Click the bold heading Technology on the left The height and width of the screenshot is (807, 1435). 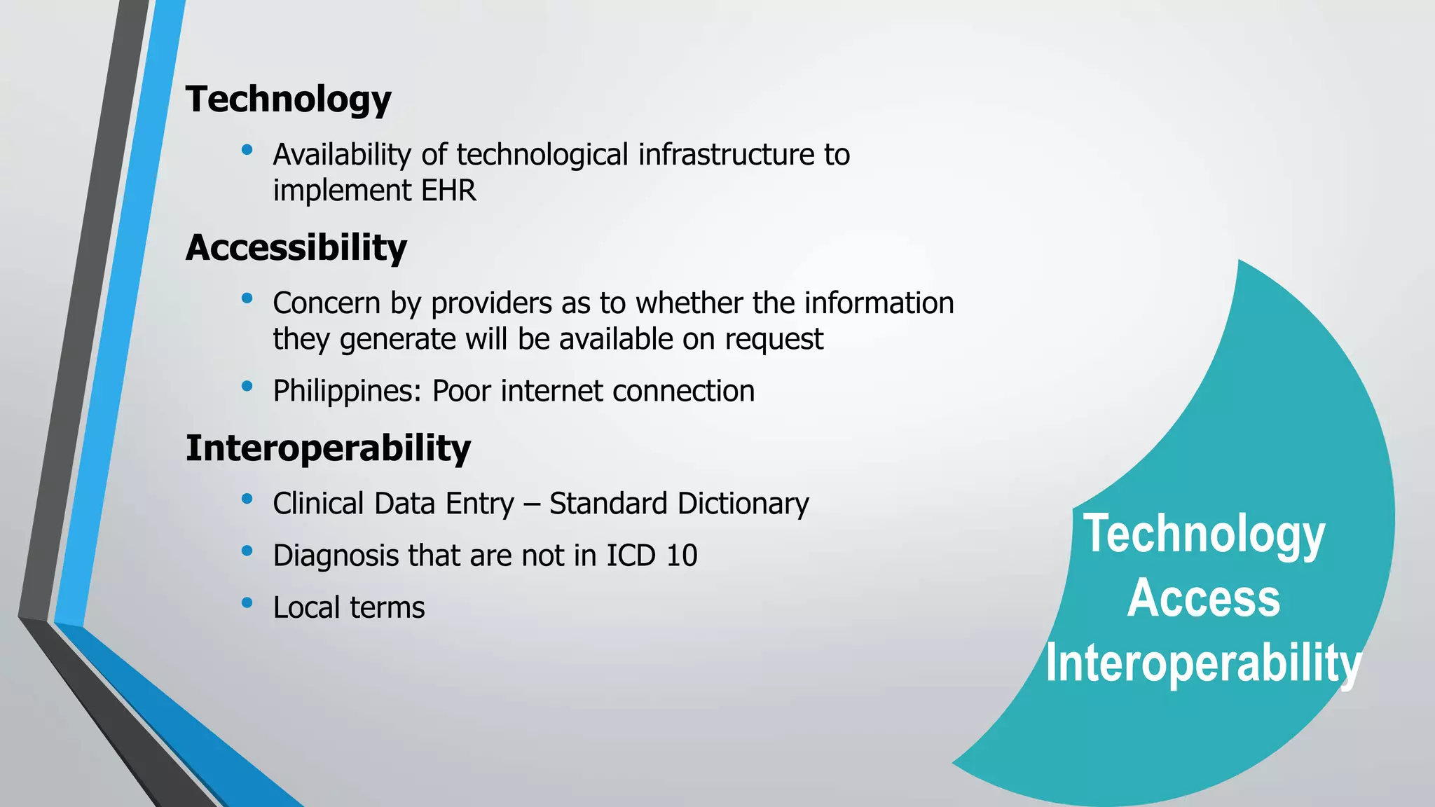[288, 100]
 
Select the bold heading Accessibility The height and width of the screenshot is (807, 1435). [296, 249]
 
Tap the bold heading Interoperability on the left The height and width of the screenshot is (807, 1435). [328, 448]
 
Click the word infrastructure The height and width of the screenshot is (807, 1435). [725, 155]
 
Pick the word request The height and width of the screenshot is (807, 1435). [774, 340]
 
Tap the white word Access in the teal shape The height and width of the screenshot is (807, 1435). [1203, 598]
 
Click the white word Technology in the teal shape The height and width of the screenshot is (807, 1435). [1204, 534]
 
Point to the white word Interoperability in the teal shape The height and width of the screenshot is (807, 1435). [1203, 663]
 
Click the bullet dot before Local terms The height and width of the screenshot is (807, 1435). [247, 602]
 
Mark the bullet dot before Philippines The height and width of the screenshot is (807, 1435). [247, 386]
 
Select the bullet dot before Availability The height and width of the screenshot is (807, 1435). [247, 149]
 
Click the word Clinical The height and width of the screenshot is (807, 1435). [318, 504]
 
